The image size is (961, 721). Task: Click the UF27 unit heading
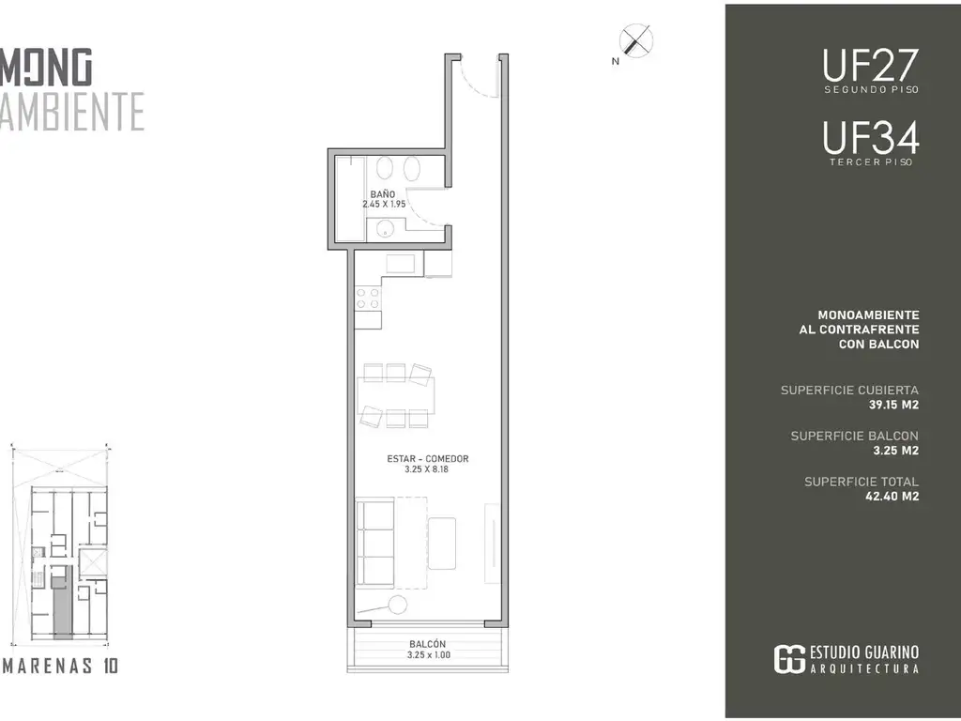click(870, 66)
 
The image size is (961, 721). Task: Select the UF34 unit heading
click(870, 138)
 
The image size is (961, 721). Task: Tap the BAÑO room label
click(383, 194)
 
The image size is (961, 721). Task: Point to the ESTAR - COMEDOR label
click(428, 458)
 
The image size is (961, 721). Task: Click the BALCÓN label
click(428, 644)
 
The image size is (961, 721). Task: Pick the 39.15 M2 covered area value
click(893, 405)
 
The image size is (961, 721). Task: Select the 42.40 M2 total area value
click(892, 497)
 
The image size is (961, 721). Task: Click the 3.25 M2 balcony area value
click(896, 451)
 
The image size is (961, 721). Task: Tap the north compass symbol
click(635, 41)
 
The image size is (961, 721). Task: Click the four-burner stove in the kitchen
click(368, 299)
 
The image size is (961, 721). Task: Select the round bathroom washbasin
click(384, 231)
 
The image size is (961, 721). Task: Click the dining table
click(396, 395)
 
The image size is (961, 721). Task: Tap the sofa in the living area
click(375, 545)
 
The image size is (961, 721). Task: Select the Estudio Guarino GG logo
click(788, 660)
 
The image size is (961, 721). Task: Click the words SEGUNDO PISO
click(871, 89)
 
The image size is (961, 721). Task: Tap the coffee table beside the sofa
click(442, 544)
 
